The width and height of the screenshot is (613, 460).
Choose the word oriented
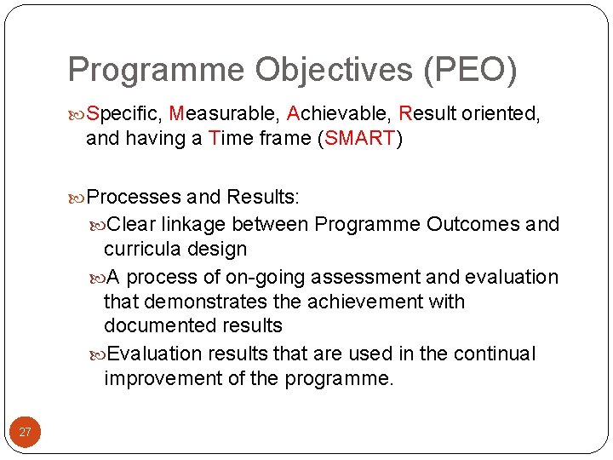tap(501, 113)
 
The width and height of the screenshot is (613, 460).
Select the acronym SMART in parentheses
tap(360, 138)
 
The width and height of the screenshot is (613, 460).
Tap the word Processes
tap(135, 198)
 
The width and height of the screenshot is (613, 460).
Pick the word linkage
tap(194, 224)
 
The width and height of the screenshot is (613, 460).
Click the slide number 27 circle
tap(25, 432)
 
